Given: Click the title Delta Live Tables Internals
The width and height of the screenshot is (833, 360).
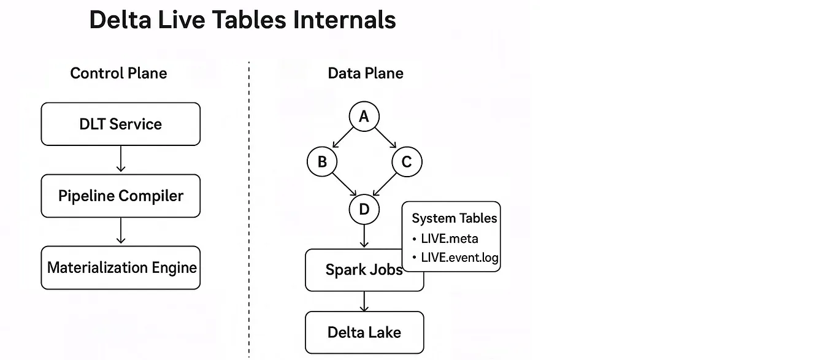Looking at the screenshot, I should click(x=242, y=20).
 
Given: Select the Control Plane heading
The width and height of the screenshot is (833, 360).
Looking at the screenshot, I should click(x=118, y=74).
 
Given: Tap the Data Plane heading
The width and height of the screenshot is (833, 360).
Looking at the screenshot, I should click(x=366, y=74).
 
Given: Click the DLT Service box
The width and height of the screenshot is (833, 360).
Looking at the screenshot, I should click(x=120, y=124).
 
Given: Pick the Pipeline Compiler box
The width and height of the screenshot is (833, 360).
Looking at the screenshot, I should click(x=120, y=196).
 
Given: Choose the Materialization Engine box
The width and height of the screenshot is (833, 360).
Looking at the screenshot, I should click(x=120, y=267).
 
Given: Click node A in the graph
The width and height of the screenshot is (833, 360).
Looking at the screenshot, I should click(x=364, y=117).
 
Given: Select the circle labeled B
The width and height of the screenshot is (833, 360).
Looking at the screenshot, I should click(x=322, y=162).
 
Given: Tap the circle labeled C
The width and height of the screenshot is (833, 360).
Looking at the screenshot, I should click(x=406, y=162).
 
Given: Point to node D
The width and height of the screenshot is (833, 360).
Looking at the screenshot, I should click(x=364, y=210).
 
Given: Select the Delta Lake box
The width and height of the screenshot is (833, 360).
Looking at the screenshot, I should click(x=364, y=332).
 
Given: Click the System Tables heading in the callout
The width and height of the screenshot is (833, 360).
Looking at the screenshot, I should click(x=454, y=218).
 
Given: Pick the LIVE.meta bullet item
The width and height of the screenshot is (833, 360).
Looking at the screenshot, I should click(x=449, y=239).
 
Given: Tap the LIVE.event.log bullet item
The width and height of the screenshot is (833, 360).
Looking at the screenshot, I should click(x=459, y=258).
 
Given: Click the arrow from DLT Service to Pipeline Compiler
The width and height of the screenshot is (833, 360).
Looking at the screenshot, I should click(x=120, y=159).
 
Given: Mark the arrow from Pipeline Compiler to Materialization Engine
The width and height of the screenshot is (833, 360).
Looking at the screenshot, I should click(x=120, y=231).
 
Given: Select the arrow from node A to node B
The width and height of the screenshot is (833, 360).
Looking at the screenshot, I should click(x=343, y=139).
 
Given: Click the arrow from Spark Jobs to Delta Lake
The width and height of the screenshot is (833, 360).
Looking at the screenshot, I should click(x=364, y=301).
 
